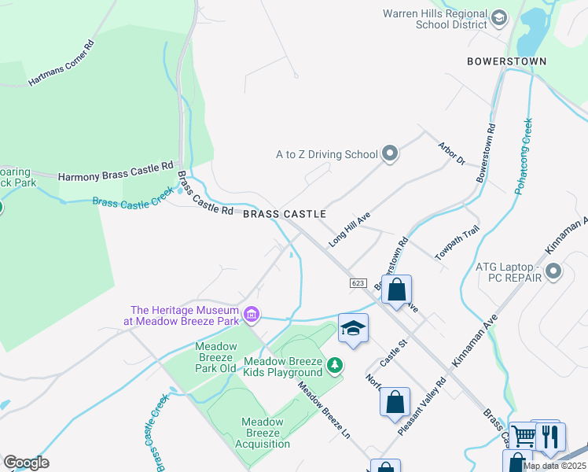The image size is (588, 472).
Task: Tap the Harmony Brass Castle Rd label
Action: tap(115, 168)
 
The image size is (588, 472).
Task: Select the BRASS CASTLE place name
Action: tap(284, 214)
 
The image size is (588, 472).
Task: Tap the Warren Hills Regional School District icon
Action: tap(498, 18)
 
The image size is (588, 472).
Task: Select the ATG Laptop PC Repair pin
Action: tap(553, 272)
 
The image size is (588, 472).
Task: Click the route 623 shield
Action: tap(358, 282)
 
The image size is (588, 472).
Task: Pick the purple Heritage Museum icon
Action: tap(252, 315)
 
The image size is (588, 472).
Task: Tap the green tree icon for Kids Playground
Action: tap(335, 366)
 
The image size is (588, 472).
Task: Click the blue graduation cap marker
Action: tap(354, 328)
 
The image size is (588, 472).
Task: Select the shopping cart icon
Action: tap(523, 436)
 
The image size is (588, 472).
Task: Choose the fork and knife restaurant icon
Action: tap(551, 436)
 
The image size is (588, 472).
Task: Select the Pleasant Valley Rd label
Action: tap(421, 405)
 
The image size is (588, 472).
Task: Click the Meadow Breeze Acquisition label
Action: tap(263, 433)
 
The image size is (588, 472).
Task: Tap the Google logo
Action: tap(26, 463)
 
